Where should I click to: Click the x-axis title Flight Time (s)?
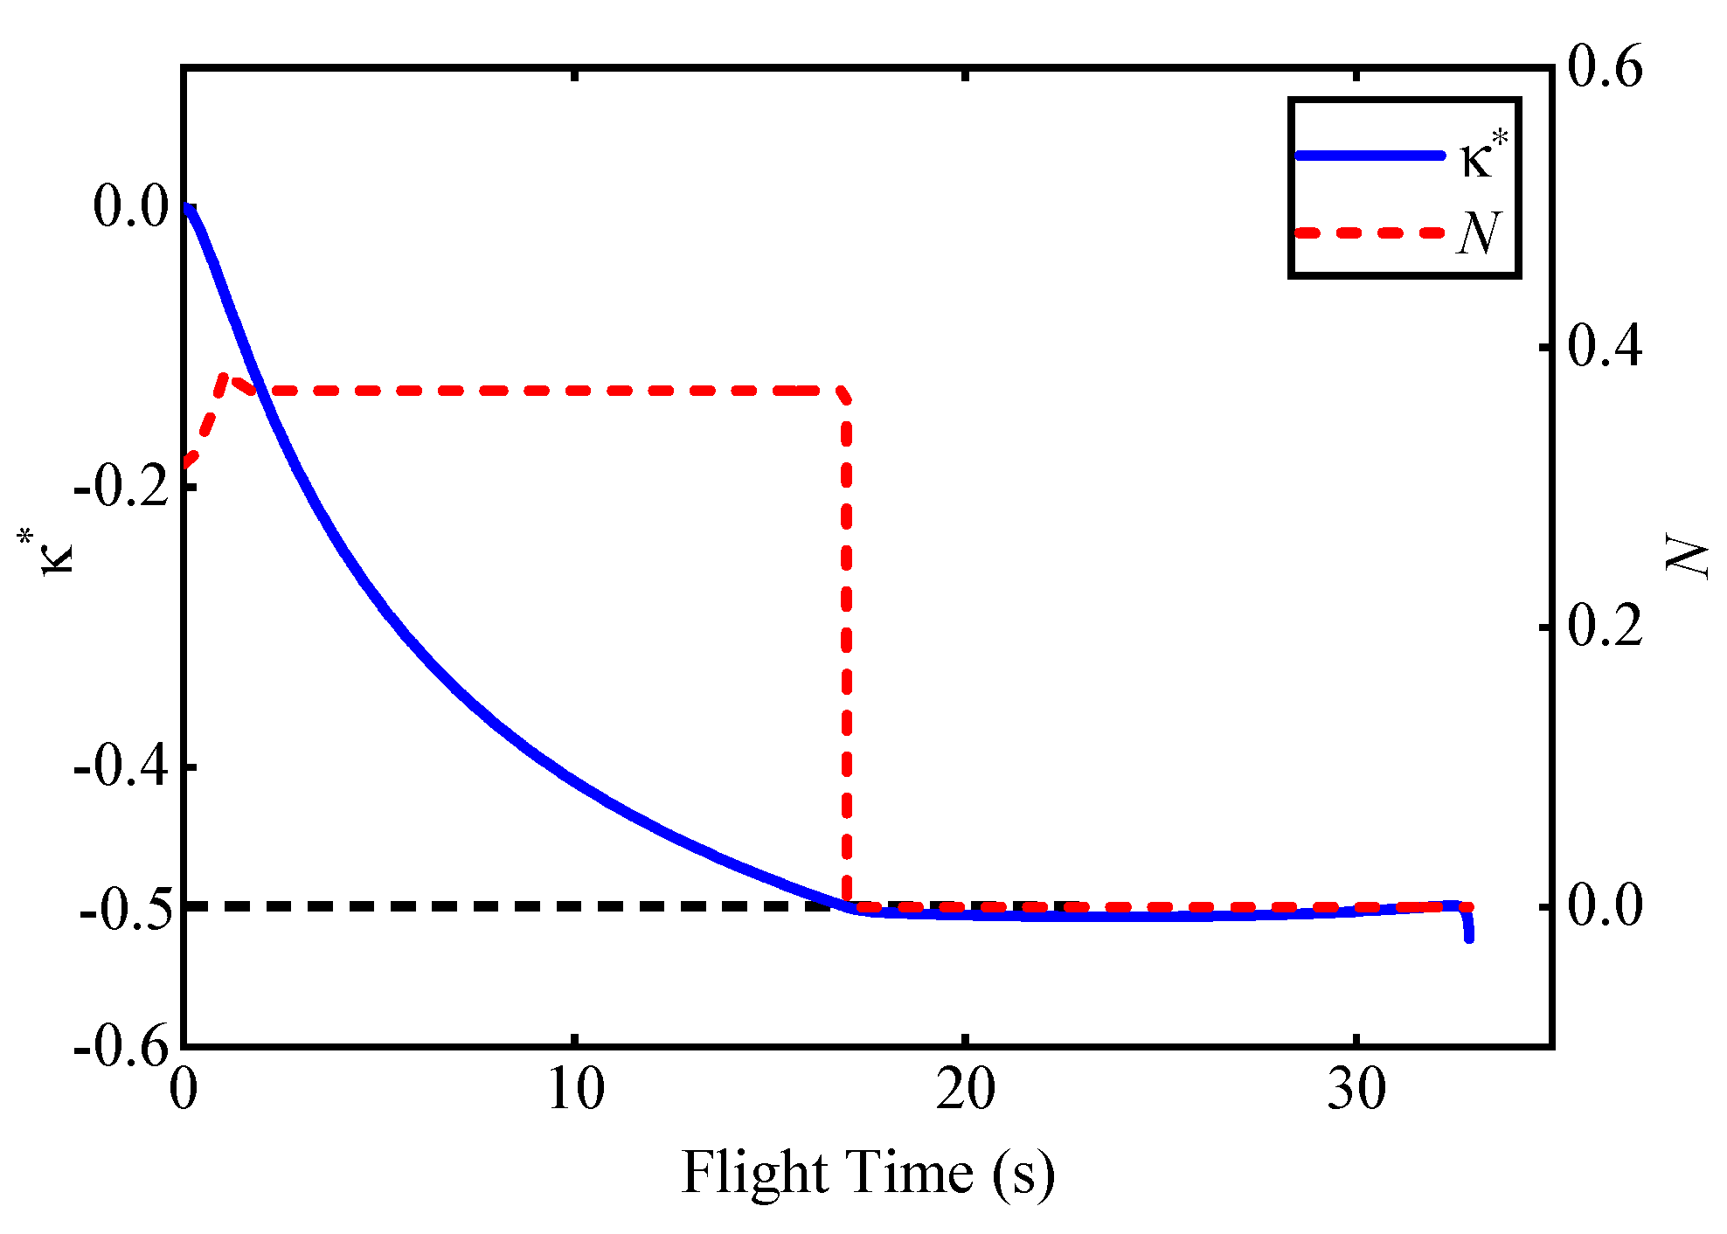(x=868, y=1172)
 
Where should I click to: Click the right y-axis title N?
(x=1686, y=557)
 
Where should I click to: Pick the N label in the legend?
(x=1479, y=232)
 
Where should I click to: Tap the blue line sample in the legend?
(x=1370, y=156)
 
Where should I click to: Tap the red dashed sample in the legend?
(x=1370, y=232)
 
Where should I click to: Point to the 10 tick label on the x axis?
(x=576, y=1090)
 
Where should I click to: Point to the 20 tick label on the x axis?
(x=966, y=1090)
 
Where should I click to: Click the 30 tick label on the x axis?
(x=1356, y=1090)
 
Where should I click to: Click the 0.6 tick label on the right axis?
(x=1605, y=67)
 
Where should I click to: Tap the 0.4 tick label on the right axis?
(x=1605, y=347)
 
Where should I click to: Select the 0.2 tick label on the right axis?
(x=1605, y=627)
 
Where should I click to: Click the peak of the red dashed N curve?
(x=225, y=378)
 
